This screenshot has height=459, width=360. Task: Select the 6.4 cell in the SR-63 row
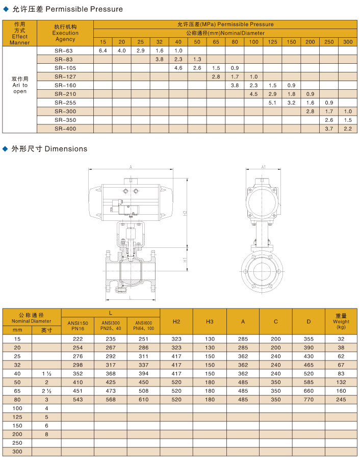click(102, 50)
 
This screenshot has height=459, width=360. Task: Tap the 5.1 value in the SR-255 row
click(272, 103)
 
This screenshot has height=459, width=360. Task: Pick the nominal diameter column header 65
click(216, 41)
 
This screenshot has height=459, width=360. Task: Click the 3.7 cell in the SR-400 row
click(329, 129)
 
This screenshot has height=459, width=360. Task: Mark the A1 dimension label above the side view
click(264, 167)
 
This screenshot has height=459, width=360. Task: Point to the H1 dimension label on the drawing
click(186, 260)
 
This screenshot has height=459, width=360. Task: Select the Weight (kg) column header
click(341, 321)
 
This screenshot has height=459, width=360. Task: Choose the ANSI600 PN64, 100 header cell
click(144, 325)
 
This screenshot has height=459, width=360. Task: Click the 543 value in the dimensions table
click(78, 399)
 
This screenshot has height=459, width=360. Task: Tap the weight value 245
click(341, 399)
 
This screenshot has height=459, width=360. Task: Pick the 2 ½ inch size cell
click(46, 391)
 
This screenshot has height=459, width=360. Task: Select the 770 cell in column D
click(308, 399)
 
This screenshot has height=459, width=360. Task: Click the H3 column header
click(210, 321)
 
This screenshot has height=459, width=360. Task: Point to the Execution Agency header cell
click(65, 33)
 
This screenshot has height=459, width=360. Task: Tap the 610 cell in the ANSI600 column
click(144, 399)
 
